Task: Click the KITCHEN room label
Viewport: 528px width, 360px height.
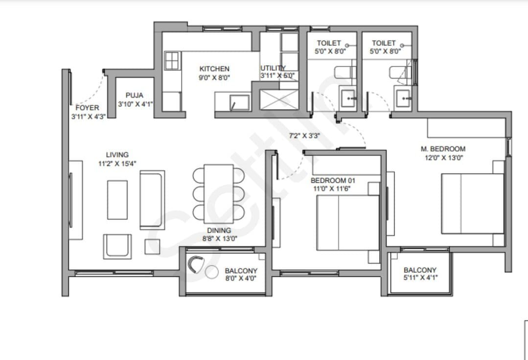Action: [x=214, y=69]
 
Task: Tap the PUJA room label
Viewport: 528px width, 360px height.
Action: [x=135, y=96]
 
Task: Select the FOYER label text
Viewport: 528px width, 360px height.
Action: [x=87, y=108]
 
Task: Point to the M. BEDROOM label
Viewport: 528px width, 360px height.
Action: [x=443, y=148]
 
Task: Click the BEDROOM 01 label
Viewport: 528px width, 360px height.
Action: [x=333, y=180]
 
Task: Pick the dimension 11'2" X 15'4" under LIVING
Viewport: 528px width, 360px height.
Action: [x=117, y=164]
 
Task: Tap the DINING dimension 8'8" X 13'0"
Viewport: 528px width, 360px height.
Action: [x=220, y=239]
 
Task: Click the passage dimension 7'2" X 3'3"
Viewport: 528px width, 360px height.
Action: [x=304, y=136]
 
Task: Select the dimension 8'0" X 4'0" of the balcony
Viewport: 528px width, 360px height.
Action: [x=241, y=278]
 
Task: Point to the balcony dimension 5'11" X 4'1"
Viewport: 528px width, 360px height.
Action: [x=420, y=278]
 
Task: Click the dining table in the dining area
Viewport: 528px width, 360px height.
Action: [x=219, y=194]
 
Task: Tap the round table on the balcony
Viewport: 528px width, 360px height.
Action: [x=212, y=272]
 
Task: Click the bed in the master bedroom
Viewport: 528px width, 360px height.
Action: [x=472, y=204]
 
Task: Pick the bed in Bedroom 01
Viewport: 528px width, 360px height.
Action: [x=348, y=223]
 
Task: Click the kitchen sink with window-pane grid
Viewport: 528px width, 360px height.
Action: [x=173, y=61]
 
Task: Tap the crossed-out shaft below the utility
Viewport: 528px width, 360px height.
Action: [x=279, y=100]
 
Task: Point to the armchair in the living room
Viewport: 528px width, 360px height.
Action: [x=117, y=246]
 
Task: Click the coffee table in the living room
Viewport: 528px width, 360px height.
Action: [x=117, y=200]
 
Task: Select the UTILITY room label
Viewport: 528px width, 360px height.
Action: [x=273, y=68]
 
